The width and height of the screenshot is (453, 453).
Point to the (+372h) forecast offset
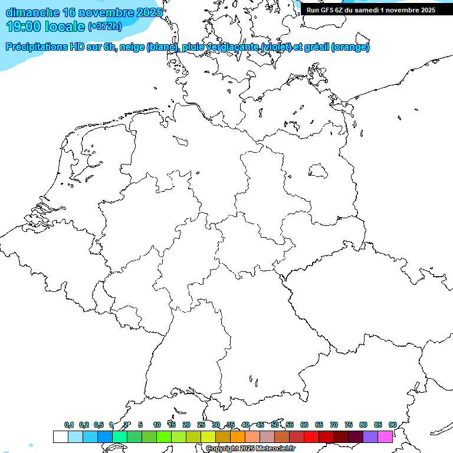pos(104,27)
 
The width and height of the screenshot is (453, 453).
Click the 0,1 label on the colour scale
pos(69,425)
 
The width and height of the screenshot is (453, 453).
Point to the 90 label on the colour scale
pos(392,425)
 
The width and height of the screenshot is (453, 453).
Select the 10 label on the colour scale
pos(157,425)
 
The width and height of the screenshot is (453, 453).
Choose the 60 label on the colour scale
pos(304,425)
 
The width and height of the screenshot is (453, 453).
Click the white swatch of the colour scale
pos(60,436)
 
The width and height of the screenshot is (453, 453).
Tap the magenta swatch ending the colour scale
pos(385,436)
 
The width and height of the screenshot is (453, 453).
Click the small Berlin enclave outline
pos(319,171)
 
